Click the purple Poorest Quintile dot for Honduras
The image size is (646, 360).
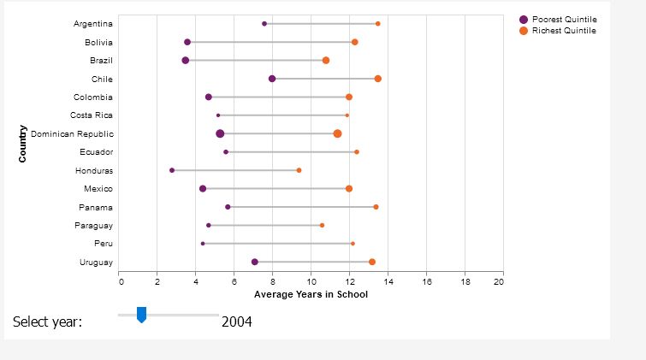pos(172,170)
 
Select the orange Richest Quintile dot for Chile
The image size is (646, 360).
pos(378,79)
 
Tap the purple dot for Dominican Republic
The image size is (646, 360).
pos(220,133)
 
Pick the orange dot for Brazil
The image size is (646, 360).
pos(326,61)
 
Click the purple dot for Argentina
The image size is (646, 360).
pos(264,24)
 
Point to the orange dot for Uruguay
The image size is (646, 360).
pos(372,262)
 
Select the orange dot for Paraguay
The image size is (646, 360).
pos(322,225)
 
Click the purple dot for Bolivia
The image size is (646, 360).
pos(187,42)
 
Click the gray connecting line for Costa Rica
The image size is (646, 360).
pos(282,115)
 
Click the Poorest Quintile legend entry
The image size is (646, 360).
pos(563,19)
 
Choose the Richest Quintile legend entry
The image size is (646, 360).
pos(563,31)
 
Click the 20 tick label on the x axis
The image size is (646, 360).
pos(500,280)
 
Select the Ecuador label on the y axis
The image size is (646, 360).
pos(98,152)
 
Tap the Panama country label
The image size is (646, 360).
pos(98,207)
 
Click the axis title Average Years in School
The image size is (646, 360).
pos(311,294)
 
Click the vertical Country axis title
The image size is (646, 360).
pos(23,143)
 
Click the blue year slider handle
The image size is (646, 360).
pos(142,316)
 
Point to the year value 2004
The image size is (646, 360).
pos(236,322)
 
